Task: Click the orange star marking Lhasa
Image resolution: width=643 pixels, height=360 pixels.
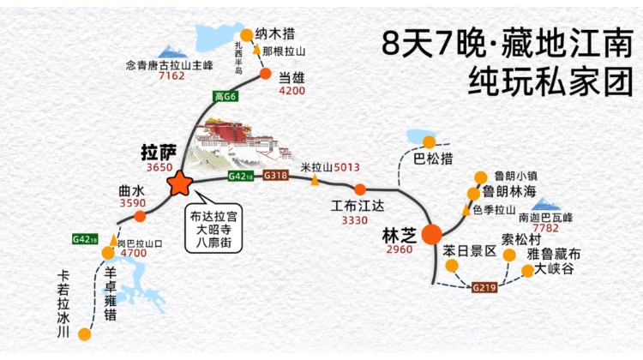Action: click(180, 183)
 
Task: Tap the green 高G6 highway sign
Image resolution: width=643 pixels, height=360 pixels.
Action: click(225, 96)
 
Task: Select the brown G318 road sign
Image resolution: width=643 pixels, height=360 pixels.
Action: click(275, 176)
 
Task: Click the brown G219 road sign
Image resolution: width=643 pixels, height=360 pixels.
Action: click(484, 287)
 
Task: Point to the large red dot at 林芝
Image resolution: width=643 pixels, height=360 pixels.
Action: click(432, 235)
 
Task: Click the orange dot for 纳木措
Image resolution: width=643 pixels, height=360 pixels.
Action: click(246, 35)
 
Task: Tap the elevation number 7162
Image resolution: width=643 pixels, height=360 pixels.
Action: click(171, 75)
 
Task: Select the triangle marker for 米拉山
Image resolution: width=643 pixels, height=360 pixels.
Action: click(315, 180)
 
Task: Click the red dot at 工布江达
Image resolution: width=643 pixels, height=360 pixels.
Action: click(360, 189)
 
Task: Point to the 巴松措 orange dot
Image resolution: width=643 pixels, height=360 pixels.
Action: click(430, 142)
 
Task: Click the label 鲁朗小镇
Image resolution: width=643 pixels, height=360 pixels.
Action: click(515, 176)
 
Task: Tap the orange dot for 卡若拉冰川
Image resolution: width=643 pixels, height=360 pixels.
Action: click(85, 334)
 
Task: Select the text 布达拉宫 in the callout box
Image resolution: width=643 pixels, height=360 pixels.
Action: click(213, 217)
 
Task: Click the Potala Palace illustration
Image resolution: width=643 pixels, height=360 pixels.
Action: click(241, 142)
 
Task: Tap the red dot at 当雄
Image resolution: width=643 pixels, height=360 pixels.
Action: click(266, 74)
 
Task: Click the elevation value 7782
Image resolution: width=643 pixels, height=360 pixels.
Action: click(545, 228)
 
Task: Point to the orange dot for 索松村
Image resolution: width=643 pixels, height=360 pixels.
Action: click(509, 255)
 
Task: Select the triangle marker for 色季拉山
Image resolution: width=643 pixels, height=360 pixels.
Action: click(466, 209)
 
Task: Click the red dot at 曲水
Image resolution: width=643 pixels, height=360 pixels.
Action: click(141, 217)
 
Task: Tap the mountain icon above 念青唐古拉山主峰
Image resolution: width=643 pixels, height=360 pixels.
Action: click(172, 51)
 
